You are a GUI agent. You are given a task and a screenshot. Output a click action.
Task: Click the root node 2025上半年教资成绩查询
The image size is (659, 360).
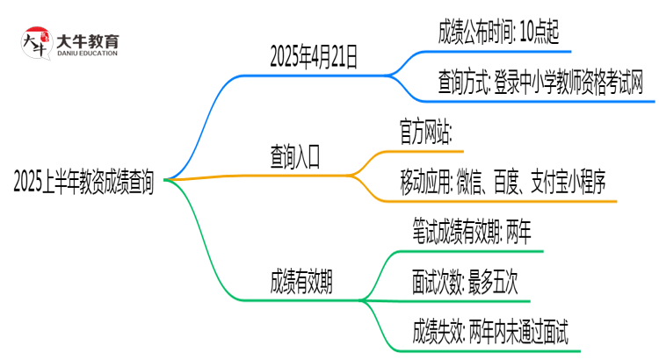coord(83,183)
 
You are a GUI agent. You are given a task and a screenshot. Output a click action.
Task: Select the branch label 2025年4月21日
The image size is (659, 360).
coord(315,59)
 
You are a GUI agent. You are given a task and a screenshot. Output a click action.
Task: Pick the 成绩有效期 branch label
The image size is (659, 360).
coord(301,283)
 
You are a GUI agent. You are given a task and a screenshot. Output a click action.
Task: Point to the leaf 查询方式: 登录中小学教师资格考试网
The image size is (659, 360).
coord(540,84)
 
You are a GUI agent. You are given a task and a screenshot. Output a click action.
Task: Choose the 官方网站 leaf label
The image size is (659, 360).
coord(425,134)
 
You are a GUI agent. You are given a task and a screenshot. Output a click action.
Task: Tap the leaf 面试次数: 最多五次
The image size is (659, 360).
coord(465,283)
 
